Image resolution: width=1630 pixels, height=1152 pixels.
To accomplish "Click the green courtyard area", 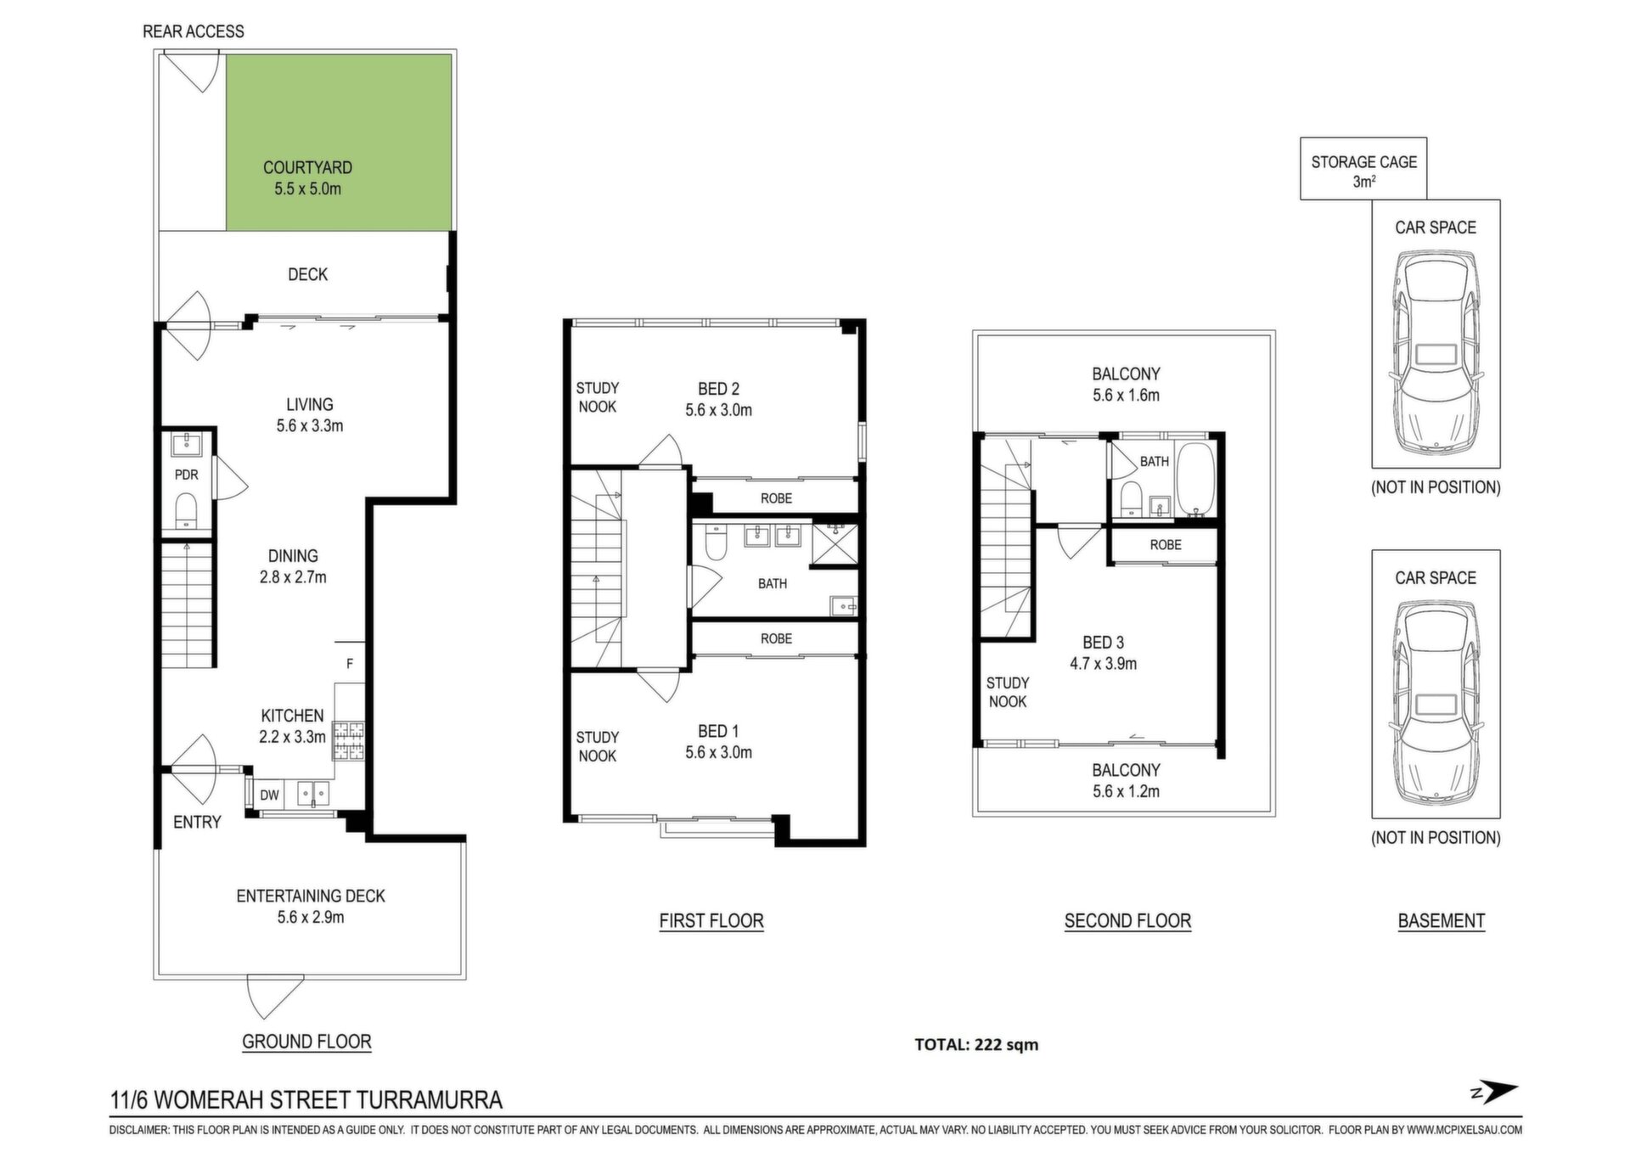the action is [338, 142].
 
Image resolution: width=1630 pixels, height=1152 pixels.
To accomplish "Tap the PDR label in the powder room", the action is [187, 475].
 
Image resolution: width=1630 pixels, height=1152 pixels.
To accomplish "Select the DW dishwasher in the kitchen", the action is [269, 795].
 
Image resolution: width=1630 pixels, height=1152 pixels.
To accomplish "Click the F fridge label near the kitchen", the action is [349, 664].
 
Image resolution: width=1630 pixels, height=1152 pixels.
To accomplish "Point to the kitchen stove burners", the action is [348, 739].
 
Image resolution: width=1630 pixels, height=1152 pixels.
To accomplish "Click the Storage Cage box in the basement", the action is [1363, 169].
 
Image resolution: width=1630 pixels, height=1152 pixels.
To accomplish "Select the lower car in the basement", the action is [1436, 701].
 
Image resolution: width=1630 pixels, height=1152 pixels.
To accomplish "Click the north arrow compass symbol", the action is [1496, 1093].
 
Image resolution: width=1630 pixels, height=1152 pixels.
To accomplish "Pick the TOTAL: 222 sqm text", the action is [976, 1044].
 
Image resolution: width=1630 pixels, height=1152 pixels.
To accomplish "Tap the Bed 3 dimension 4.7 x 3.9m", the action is [1103, 664].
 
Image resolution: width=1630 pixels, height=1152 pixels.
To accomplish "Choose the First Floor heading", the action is [711, 921].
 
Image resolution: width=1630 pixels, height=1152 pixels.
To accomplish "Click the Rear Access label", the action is [194, 31].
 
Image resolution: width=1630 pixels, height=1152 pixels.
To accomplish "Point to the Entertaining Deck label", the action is [311, 896].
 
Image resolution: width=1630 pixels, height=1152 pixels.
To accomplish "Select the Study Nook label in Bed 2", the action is [598, 397].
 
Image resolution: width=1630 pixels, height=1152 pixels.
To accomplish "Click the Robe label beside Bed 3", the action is [1166, 545].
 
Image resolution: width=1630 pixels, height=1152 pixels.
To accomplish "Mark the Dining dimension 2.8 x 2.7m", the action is [293, 577].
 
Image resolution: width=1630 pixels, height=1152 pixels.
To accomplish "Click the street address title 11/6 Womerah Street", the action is [306, 1100].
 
